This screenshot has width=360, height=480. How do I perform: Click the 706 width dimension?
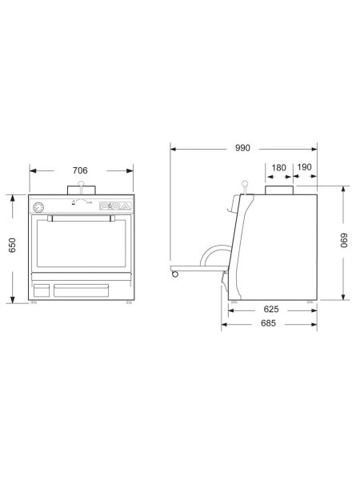click(81, 170)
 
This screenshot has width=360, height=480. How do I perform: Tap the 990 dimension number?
click(243, 147)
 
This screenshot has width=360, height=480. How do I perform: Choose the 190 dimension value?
click(305, 168)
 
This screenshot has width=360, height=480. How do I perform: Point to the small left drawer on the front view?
click(41, 290)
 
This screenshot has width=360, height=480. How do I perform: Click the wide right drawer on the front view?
click(90, 290)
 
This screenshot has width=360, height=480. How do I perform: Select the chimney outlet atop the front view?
click(81, 190)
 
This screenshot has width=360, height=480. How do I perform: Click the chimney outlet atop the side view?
click(279, 190)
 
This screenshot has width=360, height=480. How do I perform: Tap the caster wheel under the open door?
click(174, 275)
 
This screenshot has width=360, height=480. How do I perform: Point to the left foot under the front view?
click(34, 305)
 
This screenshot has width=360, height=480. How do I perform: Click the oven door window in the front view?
click(81, 244)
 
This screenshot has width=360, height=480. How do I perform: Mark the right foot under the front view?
click(128, 305)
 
